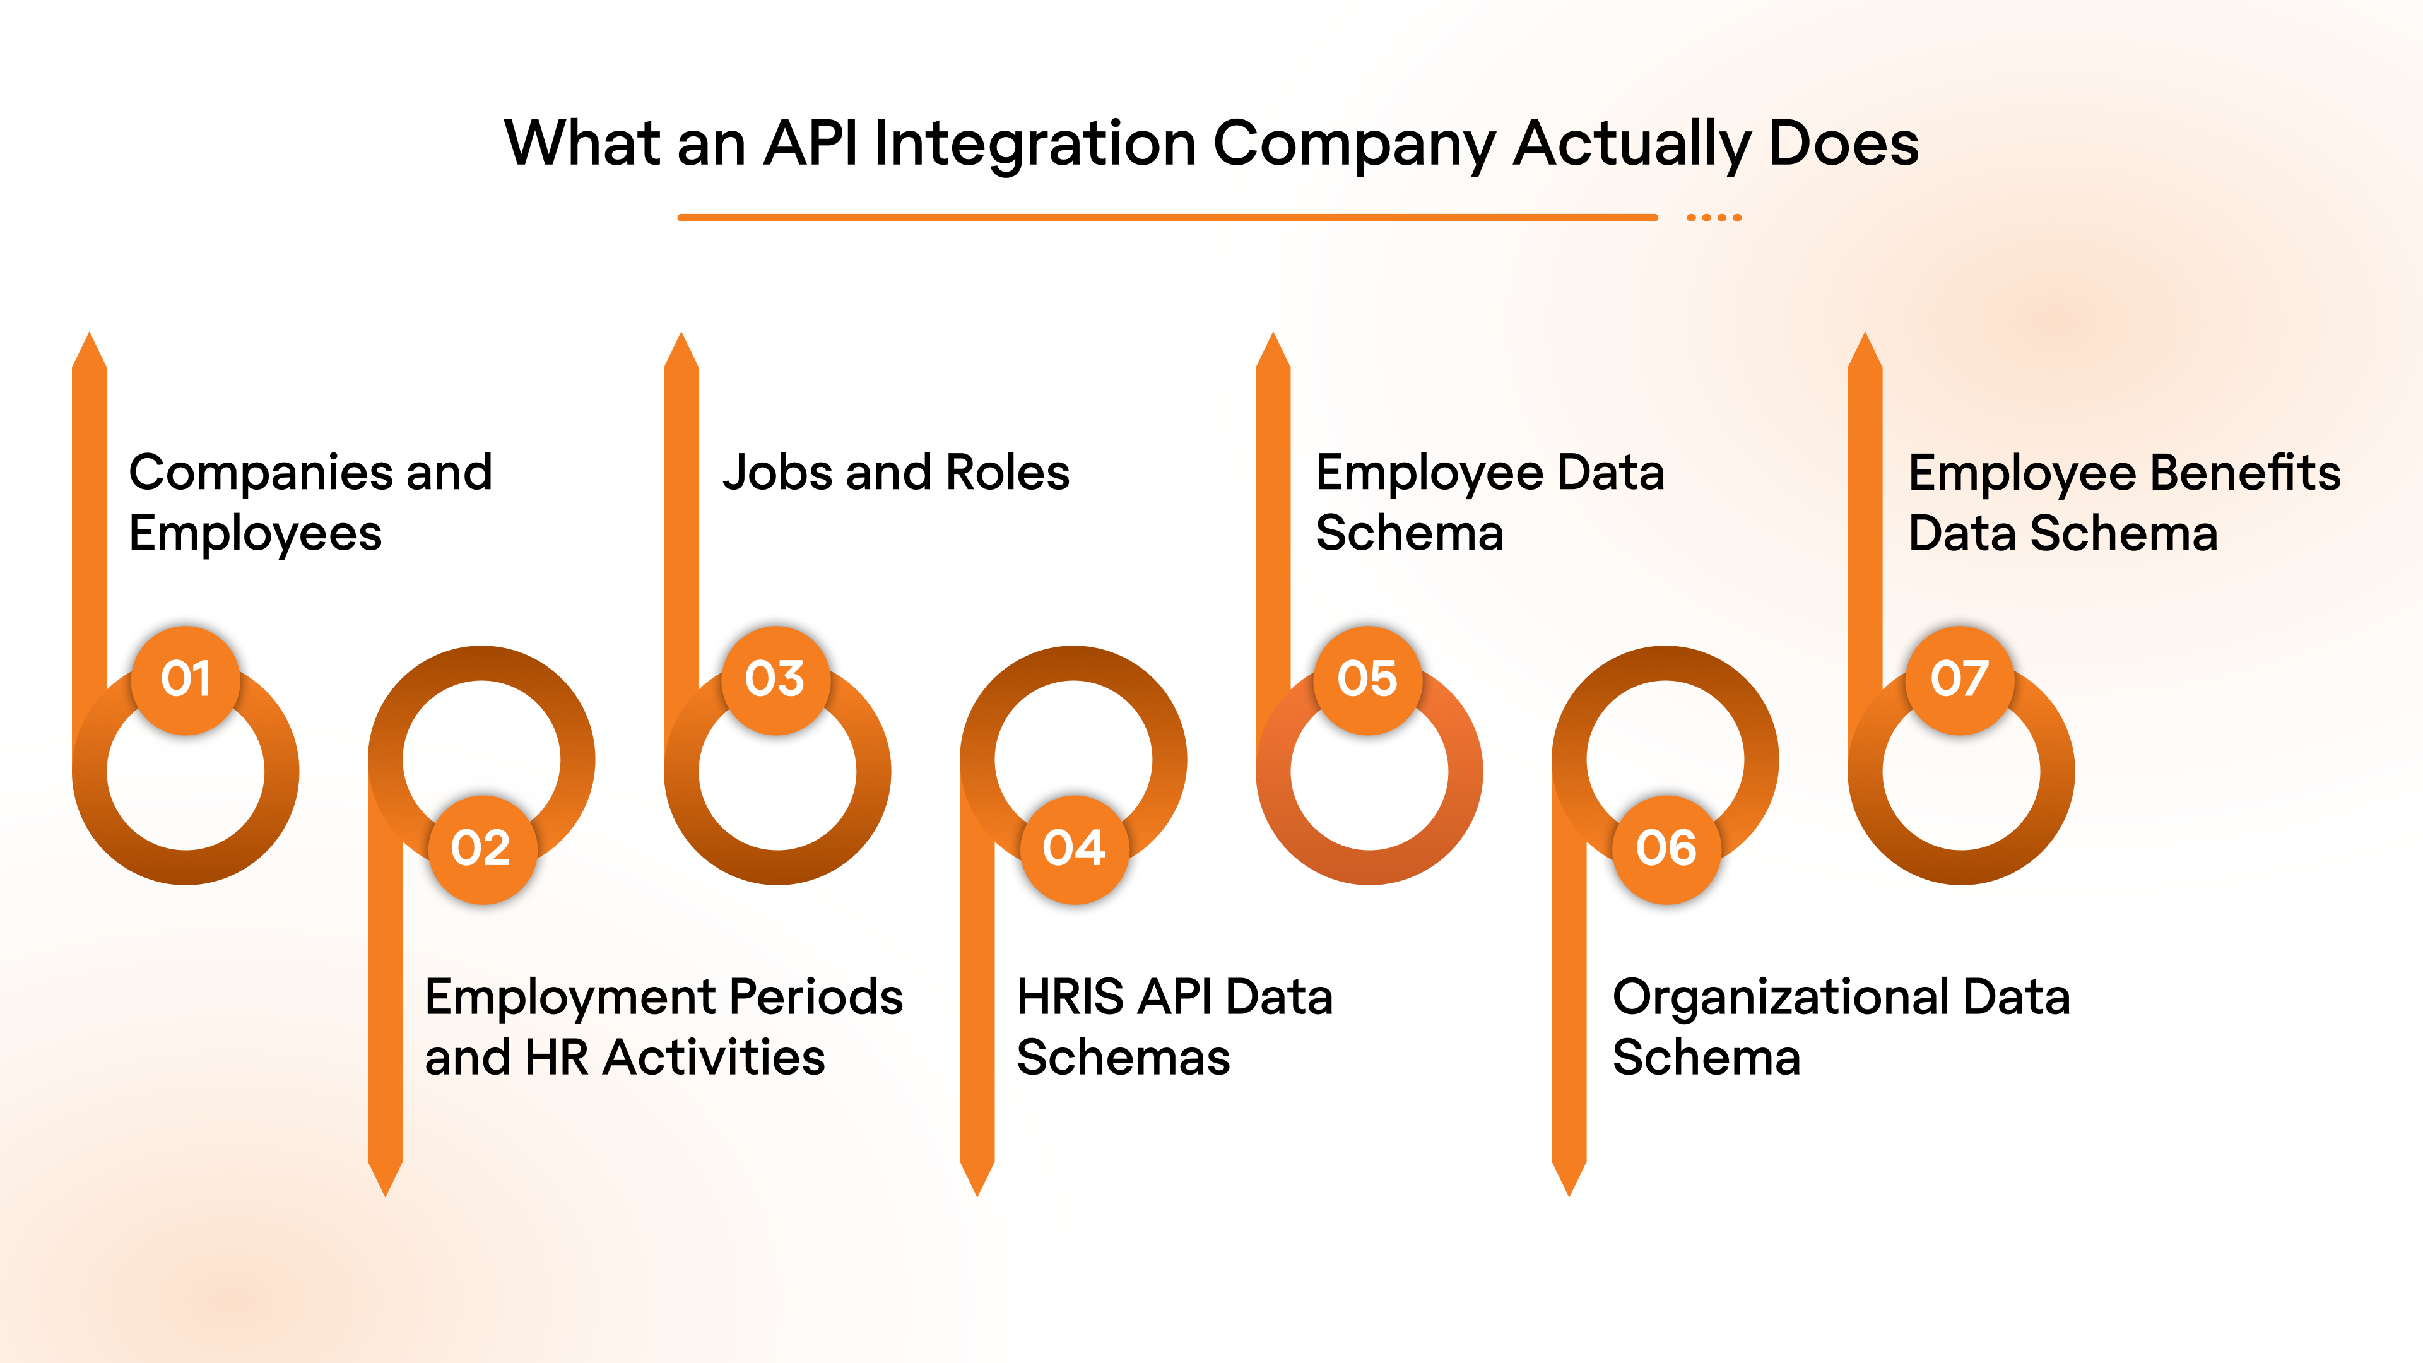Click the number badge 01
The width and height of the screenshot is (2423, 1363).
click(186, 679)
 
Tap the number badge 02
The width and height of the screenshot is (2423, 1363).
click(481, 849)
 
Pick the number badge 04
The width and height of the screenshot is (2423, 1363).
click(1073, 849)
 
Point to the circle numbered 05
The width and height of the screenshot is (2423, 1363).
click(1367, 679)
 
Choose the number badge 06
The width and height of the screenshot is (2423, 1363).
click(1666, 849)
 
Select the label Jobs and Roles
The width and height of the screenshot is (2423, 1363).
click(895, 472)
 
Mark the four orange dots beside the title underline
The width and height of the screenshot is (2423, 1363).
click(1714, 217)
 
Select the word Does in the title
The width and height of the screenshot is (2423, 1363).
click(1844, 144)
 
